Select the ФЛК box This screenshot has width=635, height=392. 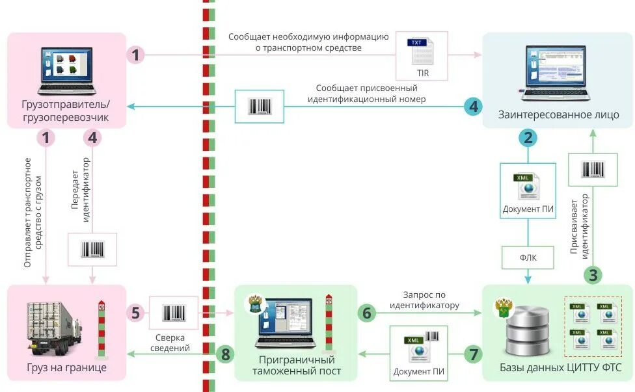pos(528,257)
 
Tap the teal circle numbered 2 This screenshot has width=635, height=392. pos(528,137)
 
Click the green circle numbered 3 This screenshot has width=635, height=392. pos(593,275)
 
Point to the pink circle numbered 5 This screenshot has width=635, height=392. pos(135,313)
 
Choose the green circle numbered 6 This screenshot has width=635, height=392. pos(367,313)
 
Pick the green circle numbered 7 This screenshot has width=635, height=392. pos(473,355)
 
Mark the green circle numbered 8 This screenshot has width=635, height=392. pos(226,354)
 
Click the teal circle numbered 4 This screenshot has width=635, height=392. pos(473,106)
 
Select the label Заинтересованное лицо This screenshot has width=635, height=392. pos(558,115)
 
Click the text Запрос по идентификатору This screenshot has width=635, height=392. pos(425,300)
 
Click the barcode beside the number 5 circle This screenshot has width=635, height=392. pos(173,313)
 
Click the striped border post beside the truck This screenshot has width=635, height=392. pos(101,328)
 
